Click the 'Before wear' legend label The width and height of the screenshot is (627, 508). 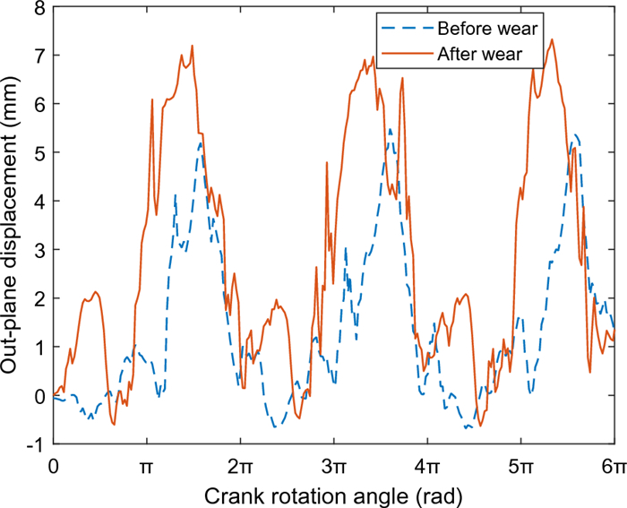494,29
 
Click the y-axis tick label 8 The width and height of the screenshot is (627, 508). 40,7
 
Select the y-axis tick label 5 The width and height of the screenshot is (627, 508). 40,152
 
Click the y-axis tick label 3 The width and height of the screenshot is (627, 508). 40,250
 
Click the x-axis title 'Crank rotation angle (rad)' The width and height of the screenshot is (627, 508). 334,494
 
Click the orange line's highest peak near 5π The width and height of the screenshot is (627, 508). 552,39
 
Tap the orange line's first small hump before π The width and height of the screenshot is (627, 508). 94,292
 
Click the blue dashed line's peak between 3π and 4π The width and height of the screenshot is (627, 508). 390,129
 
